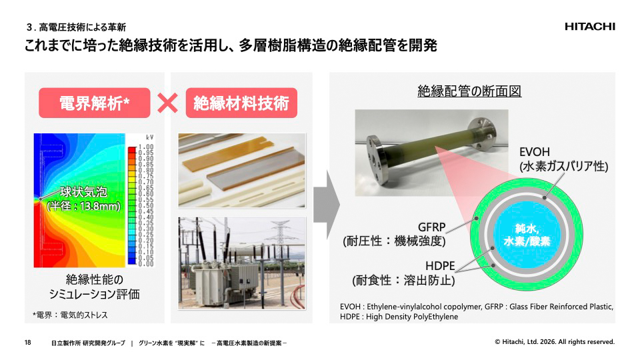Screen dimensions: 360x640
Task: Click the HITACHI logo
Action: pyautogui.click(x=589, y=27)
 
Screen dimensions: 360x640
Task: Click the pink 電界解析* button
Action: pyautogui.click(x=94, y=103)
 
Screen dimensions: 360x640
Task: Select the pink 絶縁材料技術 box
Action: pyautogui.click(x=241, y=103)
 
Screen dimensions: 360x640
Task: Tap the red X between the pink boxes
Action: pyautogui.click(x=167, y=103)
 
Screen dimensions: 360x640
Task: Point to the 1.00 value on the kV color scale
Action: pyautogui.click(x=146, y=147)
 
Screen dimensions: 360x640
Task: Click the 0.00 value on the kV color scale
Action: pyautogui.click(x=146, y=264)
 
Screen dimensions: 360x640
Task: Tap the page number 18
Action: pyautogui.click(x=28, y=343)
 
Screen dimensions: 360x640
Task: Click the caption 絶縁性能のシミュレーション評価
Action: pyautogui.click(x=103, y=287)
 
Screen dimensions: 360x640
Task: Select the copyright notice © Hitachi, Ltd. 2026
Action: pyautogui.click(x=555, y=342)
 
